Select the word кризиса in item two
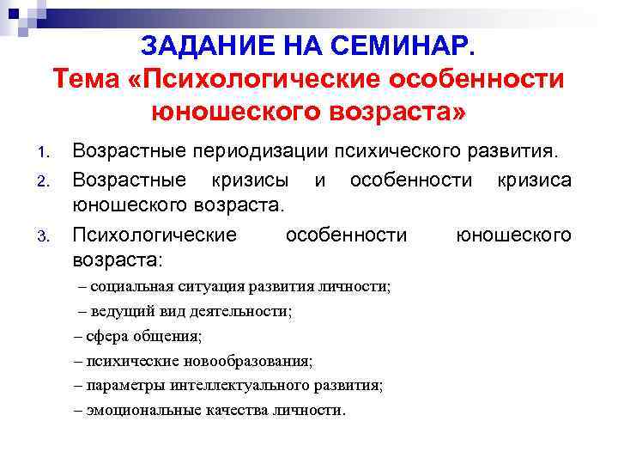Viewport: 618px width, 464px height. pos(533,180)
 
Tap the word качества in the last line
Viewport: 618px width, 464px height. pos(239,410)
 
